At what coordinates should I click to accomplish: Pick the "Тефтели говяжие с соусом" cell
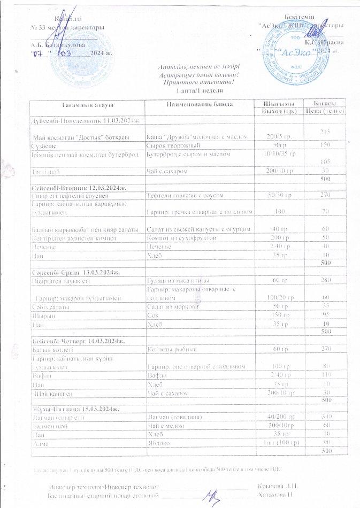(185, 196)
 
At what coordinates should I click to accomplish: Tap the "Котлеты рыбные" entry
(171, 349)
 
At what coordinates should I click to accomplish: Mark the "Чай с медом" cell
(167, 424)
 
